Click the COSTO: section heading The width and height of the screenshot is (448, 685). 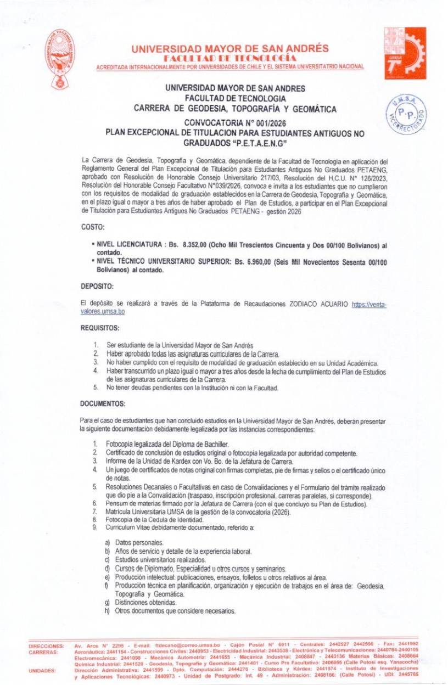(92, 226)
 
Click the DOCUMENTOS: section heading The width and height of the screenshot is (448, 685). (103, 403)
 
